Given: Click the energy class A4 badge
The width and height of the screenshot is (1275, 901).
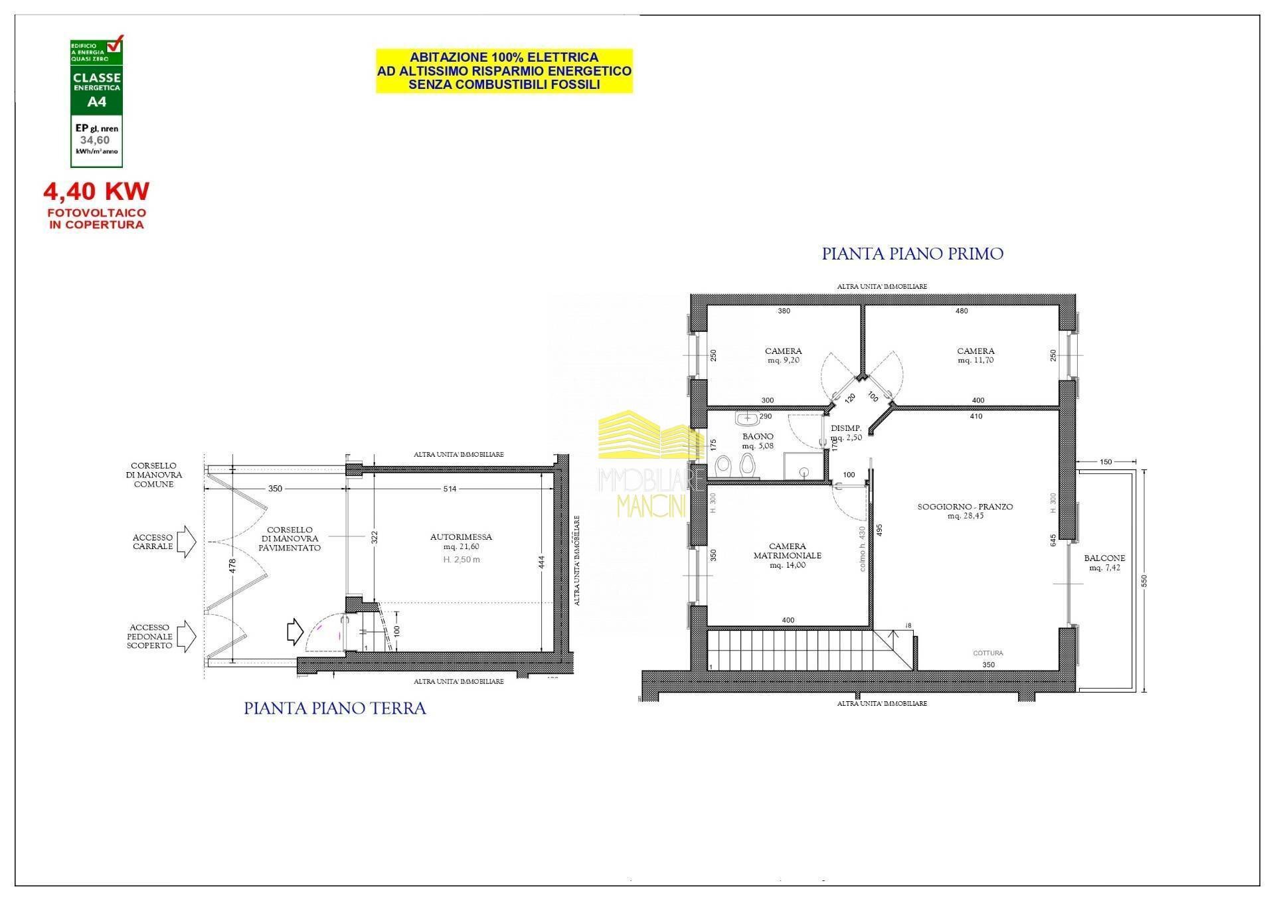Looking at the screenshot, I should click(x=97, y=101).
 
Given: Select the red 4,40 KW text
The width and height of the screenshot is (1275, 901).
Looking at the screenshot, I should click(x=96, y=191).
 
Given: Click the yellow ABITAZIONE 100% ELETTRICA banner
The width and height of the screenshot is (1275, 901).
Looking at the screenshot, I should click(x=504, y=71).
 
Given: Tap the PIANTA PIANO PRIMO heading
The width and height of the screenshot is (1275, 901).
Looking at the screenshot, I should click(x=912, y=254).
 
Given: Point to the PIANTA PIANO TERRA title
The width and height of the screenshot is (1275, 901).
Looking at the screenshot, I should click(x=335, y=708).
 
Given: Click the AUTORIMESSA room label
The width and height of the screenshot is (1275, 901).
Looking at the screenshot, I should click(x=461, y=537).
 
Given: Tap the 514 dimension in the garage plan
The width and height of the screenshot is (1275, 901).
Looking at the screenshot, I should click(x=450, y=489).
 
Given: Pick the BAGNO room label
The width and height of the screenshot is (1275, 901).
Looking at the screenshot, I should click(x=758, y=437).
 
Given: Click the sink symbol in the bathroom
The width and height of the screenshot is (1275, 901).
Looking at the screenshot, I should click(x=748, y=419).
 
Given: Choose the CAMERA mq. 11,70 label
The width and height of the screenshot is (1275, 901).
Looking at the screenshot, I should click(x=976, y=355).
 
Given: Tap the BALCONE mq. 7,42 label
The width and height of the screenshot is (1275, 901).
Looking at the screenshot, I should click(x=1104, y=562).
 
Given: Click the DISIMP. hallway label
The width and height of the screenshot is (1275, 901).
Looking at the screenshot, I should click(x=846, y=428).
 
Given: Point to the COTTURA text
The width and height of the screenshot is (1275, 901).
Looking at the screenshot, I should click(x=987, y=653).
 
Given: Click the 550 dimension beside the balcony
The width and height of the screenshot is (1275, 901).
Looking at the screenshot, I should click(x=1144, y=580).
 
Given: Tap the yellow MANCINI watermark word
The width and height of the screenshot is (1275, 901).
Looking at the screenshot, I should click(x=651, y=507).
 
